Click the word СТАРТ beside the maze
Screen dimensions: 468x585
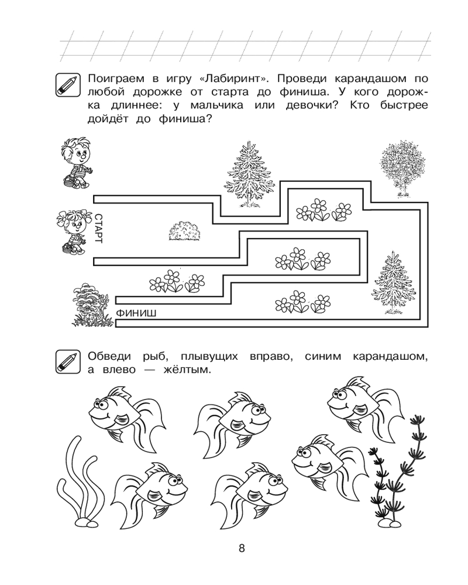pyautogui.click(x=98, y=229)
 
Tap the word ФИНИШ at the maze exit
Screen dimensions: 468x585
pyautogui.click(x=136, y=314)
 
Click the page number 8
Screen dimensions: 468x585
pyautogui.click(x=242, y=548)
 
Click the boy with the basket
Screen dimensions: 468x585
pyautogui.click(x=77, y=163)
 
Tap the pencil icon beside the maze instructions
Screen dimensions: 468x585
pyautogui.click(x=68, y=85)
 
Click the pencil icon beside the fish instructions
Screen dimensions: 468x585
pyautogui.click(x=68, y=362)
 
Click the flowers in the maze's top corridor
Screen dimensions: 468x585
pyautogui.click(x=324, y=209)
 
